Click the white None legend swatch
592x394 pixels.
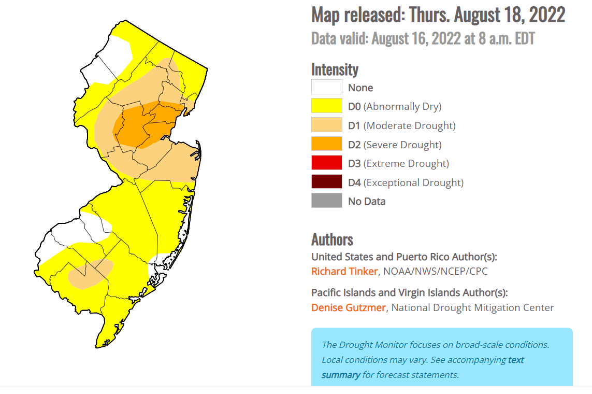[326, 87]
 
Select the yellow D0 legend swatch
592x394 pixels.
[326, 106]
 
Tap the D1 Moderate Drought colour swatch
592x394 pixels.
[326, 125]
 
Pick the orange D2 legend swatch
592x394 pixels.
[326, 144]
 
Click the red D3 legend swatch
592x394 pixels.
[326, 163]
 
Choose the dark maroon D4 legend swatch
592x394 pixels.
[326, 182]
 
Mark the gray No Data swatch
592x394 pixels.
[326, 201]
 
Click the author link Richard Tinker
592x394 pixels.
[344, 271]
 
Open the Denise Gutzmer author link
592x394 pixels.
[348, 307]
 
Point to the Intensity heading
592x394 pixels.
[335, 69]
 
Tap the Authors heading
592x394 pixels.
[332, 240]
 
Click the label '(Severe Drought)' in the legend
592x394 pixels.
[403, 145]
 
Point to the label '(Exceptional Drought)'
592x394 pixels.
[413, 182]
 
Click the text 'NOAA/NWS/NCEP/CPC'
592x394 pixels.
[435, 271]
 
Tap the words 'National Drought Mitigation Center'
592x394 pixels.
[472, 307]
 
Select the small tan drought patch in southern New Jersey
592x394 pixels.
[91, 274]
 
